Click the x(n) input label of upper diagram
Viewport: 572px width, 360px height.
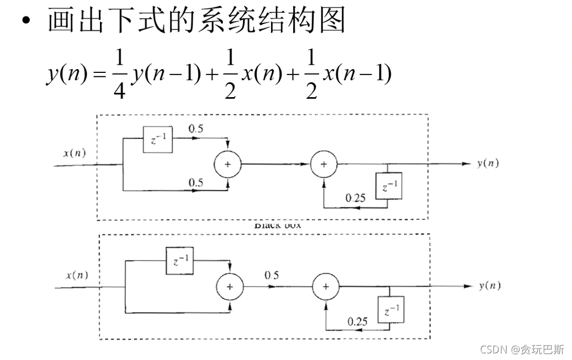75,153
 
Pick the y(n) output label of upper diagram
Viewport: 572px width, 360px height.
488,164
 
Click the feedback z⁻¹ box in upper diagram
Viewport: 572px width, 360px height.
388,186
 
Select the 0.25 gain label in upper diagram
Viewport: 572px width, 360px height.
355,198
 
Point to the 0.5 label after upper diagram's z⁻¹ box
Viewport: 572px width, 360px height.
195,129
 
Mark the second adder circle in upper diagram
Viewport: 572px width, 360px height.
324,165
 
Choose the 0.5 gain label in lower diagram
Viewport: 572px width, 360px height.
271,276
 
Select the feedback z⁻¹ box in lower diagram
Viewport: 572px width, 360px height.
391,309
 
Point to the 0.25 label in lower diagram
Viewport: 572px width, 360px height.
358,321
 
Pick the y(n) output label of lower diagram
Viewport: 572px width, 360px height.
490,285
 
